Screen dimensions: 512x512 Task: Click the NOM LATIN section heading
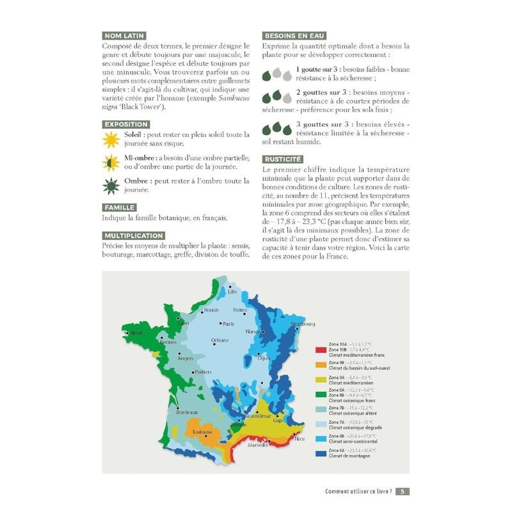pos(124,36)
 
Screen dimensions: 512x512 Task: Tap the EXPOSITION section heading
pos(126,124)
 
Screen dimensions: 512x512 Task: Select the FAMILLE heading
pos(119,207)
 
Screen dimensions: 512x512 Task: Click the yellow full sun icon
pos(112,139)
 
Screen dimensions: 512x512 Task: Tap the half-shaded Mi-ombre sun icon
pos(112,162)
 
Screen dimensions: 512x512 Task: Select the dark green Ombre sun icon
pos(112,186)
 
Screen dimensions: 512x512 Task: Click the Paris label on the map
pos(229,324)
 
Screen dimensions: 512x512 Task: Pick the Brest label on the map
pos(136,333)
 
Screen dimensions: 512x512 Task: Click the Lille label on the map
pos(232,292)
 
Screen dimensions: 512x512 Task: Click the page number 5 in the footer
pos(402,492)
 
